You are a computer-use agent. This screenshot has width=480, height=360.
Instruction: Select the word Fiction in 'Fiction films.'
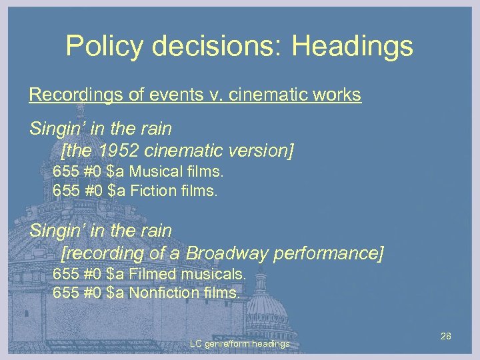[x=152, y=191]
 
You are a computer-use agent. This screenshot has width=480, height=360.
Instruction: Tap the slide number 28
[x=446, y=336]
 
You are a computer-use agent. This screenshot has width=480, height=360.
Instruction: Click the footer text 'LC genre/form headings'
[x=239, y=344]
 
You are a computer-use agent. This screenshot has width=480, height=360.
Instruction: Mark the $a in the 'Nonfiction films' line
[x=115, y=293]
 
